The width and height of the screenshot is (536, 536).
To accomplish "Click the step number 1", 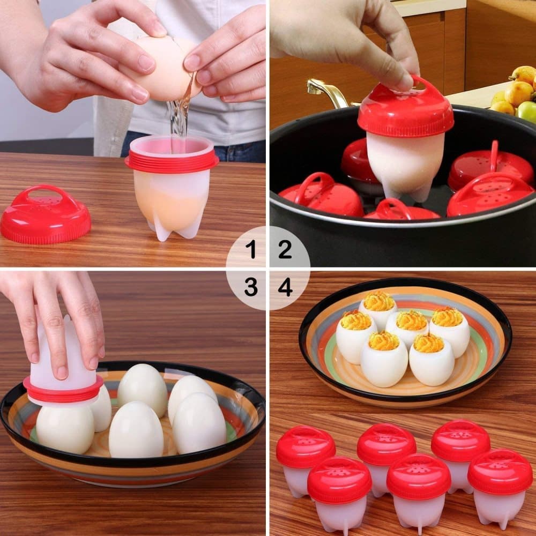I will coord(250,249).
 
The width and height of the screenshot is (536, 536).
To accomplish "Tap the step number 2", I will coord(285,249).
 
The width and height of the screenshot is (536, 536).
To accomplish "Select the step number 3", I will coord(250,288).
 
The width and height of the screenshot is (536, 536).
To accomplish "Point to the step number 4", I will coord(285,288).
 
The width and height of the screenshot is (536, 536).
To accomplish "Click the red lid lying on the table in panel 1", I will coord(46,214).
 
